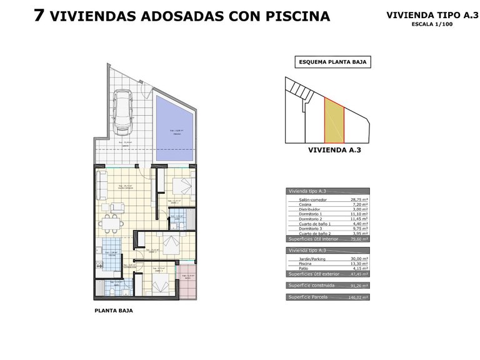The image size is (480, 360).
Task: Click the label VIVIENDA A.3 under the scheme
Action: [335, 150]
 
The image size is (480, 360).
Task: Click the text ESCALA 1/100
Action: [432, 24]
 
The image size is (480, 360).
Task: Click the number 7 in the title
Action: [39, 16]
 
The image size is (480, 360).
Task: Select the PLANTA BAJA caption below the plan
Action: [113, 310]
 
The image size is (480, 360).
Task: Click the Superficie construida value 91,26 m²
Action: [357, 286]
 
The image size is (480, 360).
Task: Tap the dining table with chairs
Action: [111, 223]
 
